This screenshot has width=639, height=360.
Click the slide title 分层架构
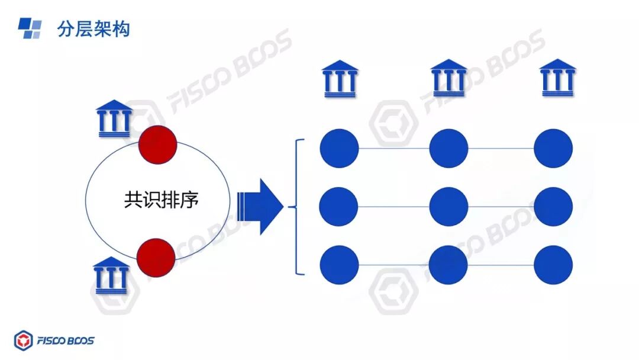point(93,29)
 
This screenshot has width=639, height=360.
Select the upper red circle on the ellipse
point(157,143)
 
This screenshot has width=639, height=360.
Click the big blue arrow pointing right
point(260,206)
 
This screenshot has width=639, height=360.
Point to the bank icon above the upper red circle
point(114,118)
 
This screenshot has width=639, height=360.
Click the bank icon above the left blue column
point(340,78)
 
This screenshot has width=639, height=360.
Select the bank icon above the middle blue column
point(448,78)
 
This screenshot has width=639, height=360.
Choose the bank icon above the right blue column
point(558,78)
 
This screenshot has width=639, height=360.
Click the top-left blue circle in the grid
point(340,148)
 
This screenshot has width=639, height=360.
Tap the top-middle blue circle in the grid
point(448,148)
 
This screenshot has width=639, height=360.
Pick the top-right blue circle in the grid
point(553,148)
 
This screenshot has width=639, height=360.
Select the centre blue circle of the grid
point(448,207)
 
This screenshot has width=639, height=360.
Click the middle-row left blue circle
point(339,207)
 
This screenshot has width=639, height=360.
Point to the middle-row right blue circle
point(553,207)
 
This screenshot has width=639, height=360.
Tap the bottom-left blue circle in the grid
point(339,265)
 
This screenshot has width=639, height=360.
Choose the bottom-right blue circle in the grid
point(553,265)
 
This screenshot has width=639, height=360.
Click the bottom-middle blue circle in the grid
point(448,265)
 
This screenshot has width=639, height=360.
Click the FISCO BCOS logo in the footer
point(54,340)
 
